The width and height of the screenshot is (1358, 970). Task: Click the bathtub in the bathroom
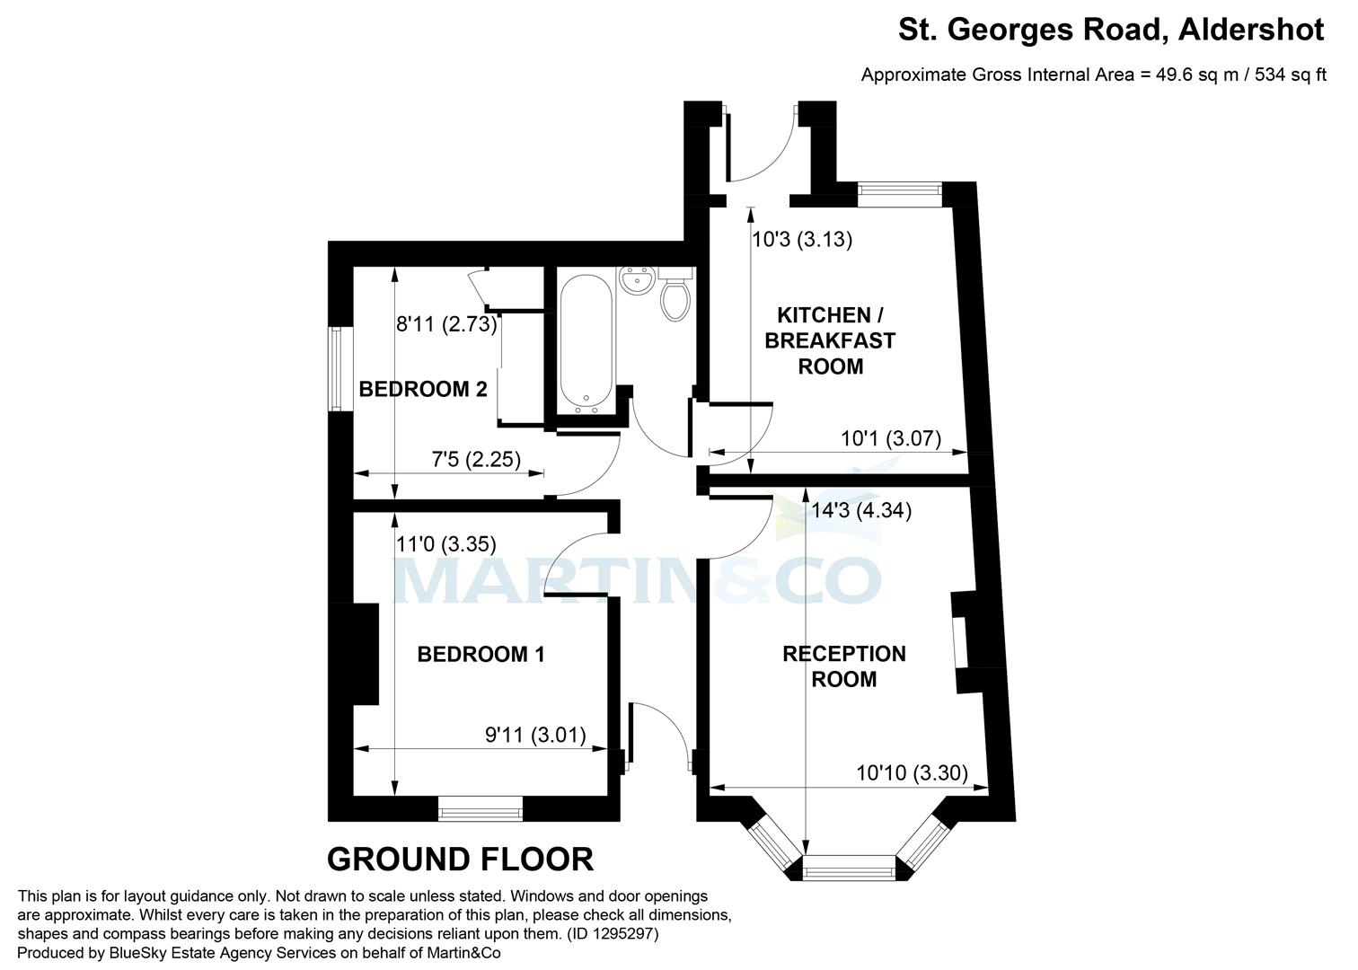pyautogui.click(x=586, y=341)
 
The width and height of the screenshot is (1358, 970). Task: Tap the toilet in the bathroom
pyautogui.click(x=675, y=298)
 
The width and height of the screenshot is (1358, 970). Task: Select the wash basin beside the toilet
pyautogui.click(x=638, y=280)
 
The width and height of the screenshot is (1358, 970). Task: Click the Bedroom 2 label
pyautogui.click(x=423, y=389)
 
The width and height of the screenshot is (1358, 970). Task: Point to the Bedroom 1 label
pyautogui.click(x=481, y=654)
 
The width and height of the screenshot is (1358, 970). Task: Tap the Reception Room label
pyautogui.click(x=843, y=666)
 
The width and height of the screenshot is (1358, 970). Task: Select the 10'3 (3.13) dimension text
pyautogui.click(x=802, y=240)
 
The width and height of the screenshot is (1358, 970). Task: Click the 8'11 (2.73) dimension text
pyautogui.click(x=447, y=324)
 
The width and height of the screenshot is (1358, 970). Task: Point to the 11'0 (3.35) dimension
pyautogui.click(x=446, y=543)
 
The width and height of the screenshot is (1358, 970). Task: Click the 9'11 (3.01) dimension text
pyautogui.click(x=535, y=736)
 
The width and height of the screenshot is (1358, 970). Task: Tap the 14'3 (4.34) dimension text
pyautogui.click(x=860, y=510)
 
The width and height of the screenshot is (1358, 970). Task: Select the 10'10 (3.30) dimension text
pyautogui.click(x=912, y=772)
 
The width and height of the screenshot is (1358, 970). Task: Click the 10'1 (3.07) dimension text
pyautogui.click(x=890, y=439)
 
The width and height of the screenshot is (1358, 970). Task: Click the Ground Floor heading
pyautogui.click(x=460, y=860)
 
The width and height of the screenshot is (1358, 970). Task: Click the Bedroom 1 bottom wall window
pyautogui.click(x=481, y=812)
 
